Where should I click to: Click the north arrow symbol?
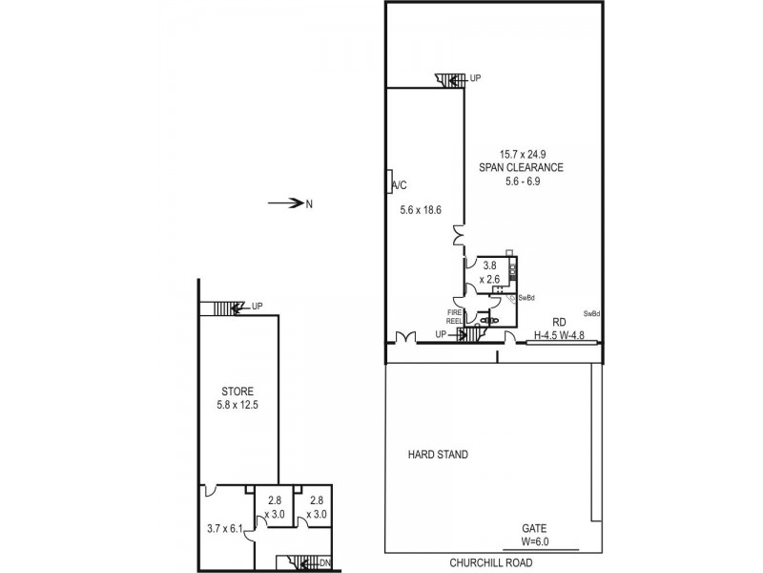(x=283, y=202)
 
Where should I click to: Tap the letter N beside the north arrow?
(x=308, y=202)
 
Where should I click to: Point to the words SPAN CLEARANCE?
(x=521, y=167)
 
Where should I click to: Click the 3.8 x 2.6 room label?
(x=490, y=272)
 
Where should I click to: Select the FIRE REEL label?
(x=455, y=316)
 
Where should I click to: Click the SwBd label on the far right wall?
(x=591, y=313)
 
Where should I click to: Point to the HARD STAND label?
(x=438, y=455)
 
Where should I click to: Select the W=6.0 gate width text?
(x=534, y=541)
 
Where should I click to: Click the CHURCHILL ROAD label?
(x=492, y=562)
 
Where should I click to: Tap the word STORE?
(x=237, y=391)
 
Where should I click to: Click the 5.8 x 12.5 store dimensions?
(x=237, y=404)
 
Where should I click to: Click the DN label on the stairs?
(x=324, y=562)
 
